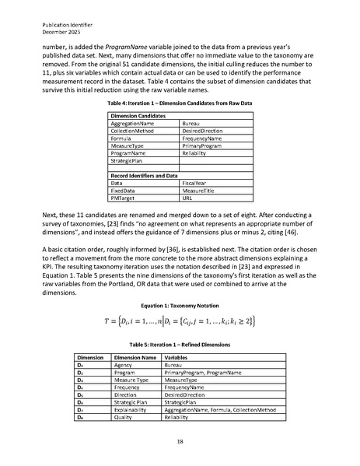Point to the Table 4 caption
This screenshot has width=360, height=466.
click(180, 103)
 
